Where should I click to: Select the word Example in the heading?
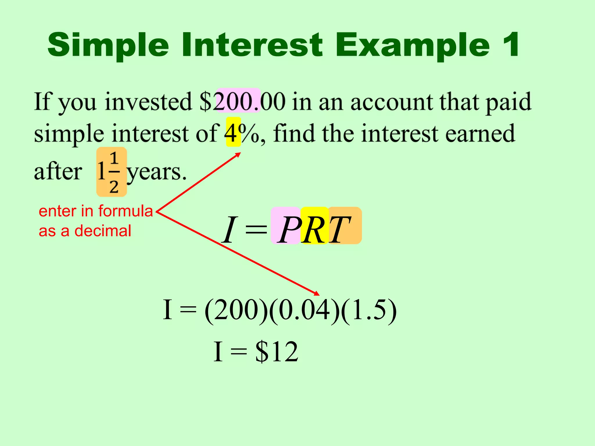413,46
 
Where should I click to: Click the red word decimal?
103,231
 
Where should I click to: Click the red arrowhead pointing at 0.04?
317,294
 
